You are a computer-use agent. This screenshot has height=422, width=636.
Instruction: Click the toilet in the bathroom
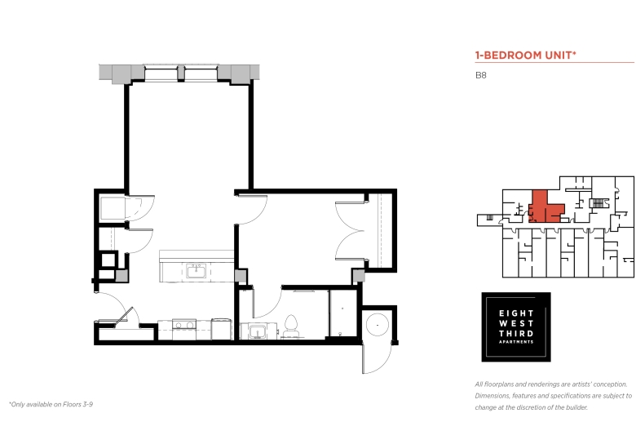(x=290, y=326)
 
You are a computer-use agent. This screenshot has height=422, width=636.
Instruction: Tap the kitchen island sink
(x=196, y=271)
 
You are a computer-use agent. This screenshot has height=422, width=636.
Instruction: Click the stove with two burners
(x=184, y=329)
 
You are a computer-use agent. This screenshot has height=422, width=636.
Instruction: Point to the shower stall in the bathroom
(x=342, y=313)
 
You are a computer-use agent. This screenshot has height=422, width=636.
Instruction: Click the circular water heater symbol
(x=378, y=325)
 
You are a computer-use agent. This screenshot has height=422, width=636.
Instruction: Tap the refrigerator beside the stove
(x=221, y=329)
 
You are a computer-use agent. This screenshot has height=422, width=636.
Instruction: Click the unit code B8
(x=480, y=75)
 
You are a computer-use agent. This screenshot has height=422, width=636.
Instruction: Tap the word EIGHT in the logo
(x=516, y=313)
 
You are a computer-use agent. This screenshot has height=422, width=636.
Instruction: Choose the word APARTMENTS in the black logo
(x=516, y=342)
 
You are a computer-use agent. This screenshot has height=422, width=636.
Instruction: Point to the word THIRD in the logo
(x=516, y=334)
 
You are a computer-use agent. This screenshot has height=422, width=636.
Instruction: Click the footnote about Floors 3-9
(x=51, y=404)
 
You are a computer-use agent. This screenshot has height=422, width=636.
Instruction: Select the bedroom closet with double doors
(x=379, y=230)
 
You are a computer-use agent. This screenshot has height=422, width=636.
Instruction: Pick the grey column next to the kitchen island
(x=241, y=276)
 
